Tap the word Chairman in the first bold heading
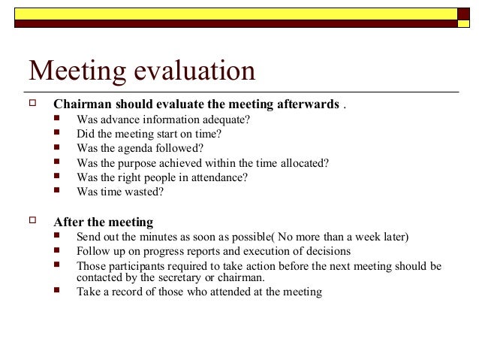[82, 104]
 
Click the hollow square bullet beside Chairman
[32, 103]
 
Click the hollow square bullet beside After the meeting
[32, 222]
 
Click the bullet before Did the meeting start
[59, 134]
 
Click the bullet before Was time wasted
[59, 191]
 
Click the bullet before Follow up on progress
[59, 251]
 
